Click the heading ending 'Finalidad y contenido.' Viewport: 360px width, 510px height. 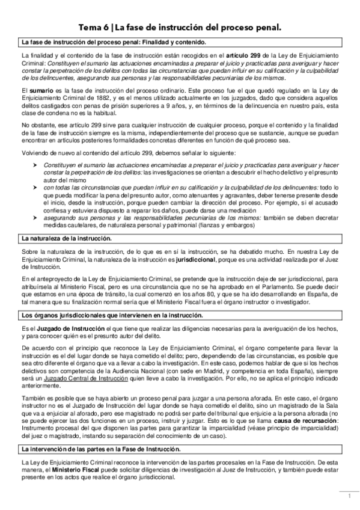[x=113, y=42]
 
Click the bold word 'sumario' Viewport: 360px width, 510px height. [x=42, y=89]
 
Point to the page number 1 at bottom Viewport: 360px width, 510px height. [x=348, y=497]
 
